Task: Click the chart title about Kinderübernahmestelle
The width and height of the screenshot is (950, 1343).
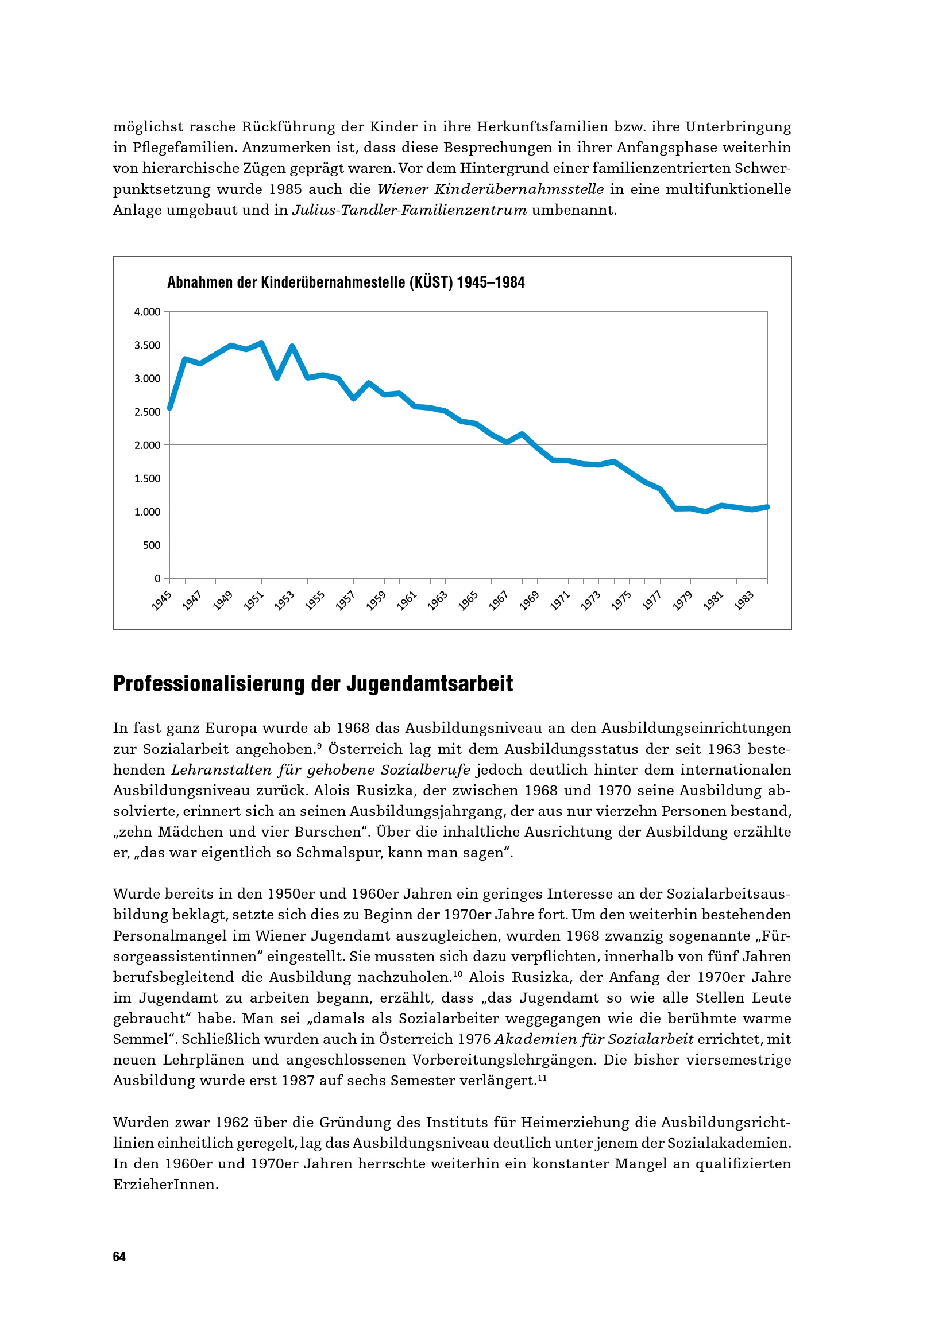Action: pos(346,282)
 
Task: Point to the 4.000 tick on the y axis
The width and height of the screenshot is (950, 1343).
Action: pos(148,312)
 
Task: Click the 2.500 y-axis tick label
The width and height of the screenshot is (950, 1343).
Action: pos(148,412)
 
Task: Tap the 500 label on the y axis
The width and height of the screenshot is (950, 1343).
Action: pos(152,545)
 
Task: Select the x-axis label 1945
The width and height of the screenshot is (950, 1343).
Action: pos(161,601)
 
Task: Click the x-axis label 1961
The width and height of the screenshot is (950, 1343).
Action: pos(407,601)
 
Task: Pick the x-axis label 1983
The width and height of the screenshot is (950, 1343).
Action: pos(743,601)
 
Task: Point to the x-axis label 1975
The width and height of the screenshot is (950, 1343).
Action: pos(621,601)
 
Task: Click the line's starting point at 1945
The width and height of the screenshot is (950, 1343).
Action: pos(169,408)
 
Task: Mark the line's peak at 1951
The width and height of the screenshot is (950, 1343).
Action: pos(261,343)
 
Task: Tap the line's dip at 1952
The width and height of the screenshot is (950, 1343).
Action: pos(277,378)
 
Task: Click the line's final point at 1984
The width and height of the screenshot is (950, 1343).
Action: pos(767,507)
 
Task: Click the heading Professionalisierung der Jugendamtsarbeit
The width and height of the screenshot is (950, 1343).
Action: pos(313,684)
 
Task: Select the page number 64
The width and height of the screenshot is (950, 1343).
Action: pos(119,1257)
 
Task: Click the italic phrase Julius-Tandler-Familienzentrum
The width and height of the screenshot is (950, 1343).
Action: pos(410,210)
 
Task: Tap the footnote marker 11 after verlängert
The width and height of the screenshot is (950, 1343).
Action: pos(542,1077)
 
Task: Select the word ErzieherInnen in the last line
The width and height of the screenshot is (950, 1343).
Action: pos(165,1185)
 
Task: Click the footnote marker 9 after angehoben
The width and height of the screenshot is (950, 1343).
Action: pos(319,746)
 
